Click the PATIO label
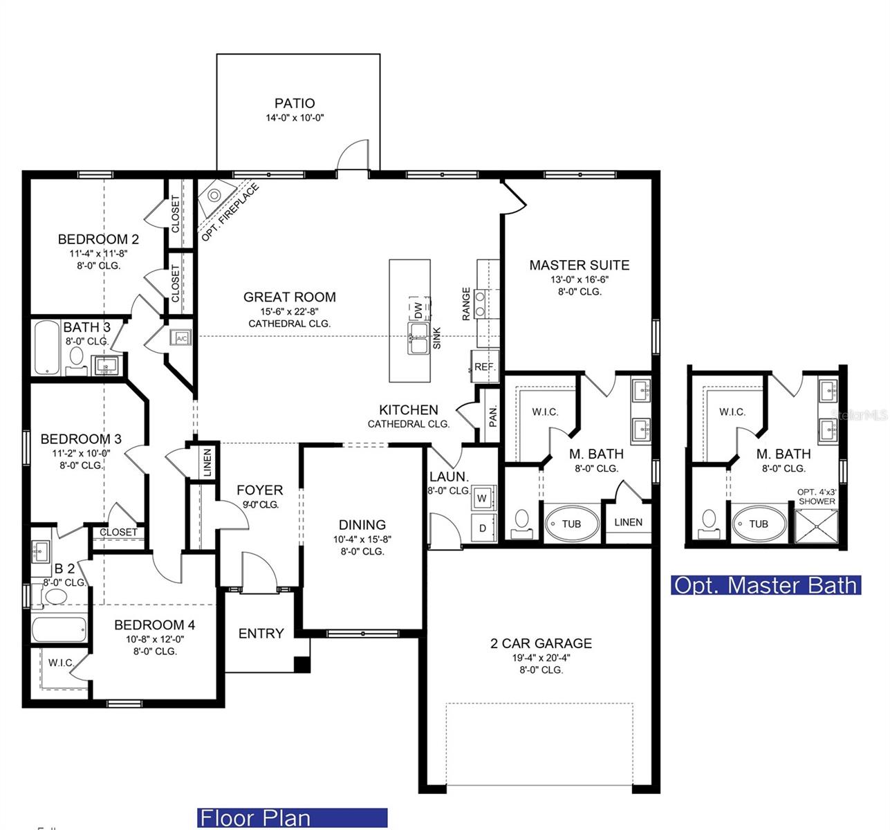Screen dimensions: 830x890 pyautogui.click(x=295, y=104)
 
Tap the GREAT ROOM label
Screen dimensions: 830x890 pyautogui.click(x=289, y=297)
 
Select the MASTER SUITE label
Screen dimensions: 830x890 pyautogui.click(x=579, y=265)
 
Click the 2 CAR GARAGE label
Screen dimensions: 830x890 pyautogui.click(x=541, y=643)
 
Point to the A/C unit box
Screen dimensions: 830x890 pyautogui.click(x=182, y=338)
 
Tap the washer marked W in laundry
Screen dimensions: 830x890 pyautogui.click(x=482, y=498)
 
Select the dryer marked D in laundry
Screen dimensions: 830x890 pyautogui.click(x=483, y=528)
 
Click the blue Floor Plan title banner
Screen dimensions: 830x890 pyautogui.click(x=293, y=818)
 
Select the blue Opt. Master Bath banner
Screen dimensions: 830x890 pyautogui.click(x=766, y=585)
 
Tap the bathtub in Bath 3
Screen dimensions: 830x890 pyautogui.click(x=48, y=347)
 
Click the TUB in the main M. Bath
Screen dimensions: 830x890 pyautogui.click(x=571, y=524)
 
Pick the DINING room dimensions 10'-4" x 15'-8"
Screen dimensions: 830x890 pyautogui.click(x=362, y=539)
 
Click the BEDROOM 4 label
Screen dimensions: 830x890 pyautogui.click(x=154, y=625)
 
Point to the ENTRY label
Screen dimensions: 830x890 pyautogui.click(x=261, y=634)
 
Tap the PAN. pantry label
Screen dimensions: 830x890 pyautogui.click(x=492, y=415)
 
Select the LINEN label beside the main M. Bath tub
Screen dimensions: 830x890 pyautogui.click(x=628, y=522)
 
